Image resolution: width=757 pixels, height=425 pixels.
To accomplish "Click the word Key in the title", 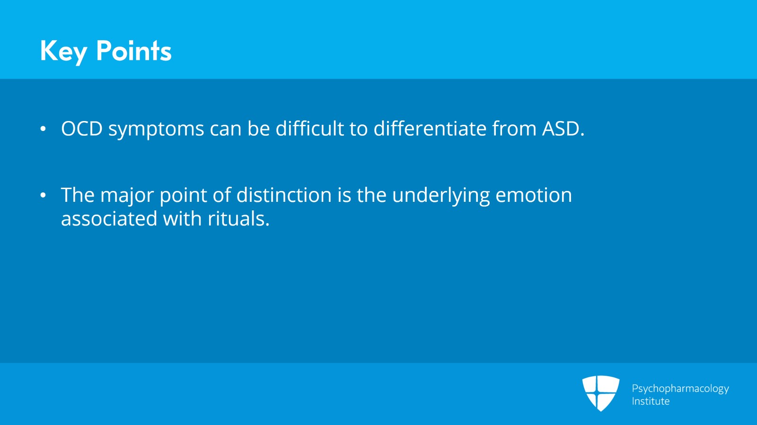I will pos(63,51).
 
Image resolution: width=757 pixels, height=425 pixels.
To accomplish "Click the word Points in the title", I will pos(133,51).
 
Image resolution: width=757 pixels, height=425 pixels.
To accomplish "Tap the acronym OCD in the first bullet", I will pos(81,129).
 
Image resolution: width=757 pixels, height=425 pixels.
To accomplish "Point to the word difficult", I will pos(310,129).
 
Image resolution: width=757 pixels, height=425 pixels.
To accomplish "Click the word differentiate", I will pos(430,129).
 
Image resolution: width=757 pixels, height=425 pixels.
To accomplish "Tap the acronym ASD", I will pos(562,129).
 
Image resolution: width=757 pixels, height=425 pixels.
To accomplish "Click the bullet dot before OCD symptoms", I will pos(43,129).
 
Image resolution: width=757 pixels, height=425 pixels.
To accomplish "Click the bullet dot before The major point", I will pos(43,195).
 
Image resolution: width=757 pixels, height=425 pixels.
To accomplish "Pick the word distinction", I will pos(284,195).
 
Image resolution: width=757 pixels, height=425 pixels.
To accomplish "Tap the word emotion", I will pos(533,195).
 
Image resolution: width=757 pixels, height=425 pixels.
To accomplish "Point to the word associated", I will pos(109,219).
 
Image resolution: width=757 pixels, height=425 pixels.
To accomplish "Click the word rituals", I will pos(238,219).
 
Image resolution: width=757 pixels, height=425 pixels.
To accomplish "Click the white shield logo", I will pos(600,393).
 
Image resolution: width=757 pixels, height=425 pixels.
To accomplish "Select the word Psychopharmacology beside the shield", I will pos(680,389).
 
